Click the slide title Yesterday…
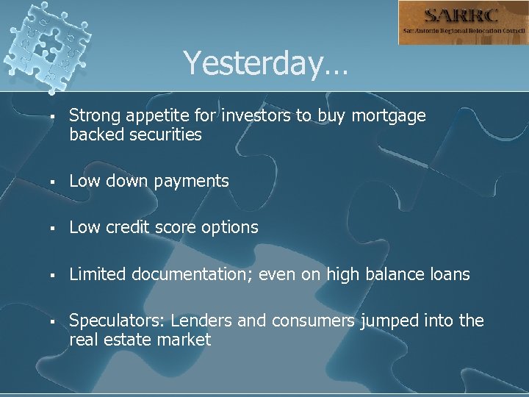266,63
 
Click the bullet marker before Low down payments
46,182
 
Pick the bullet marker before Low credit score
46,228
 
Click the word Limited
97,274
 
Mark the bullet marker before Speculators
46,321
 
